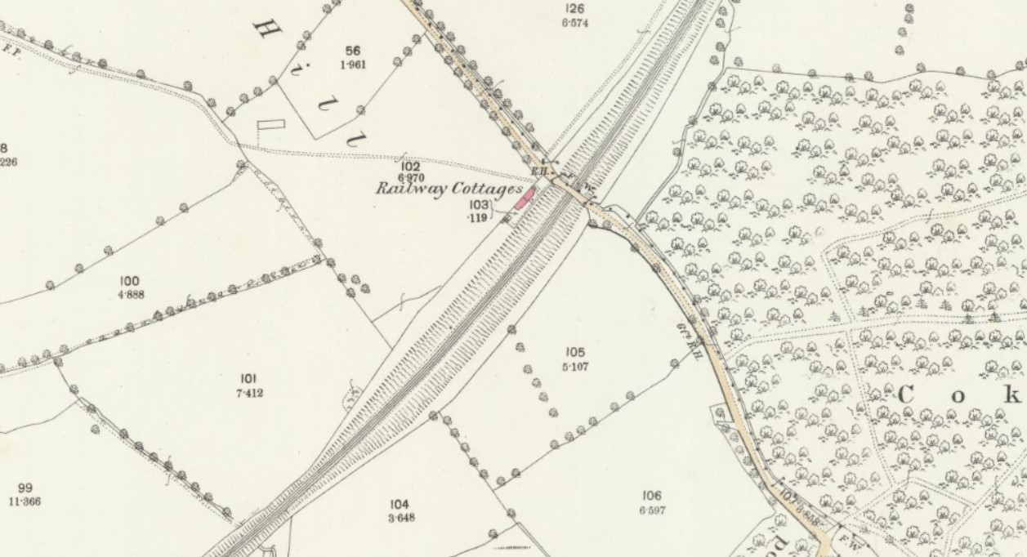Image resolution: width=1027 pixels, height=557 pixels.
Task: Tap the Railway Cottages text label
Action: [x=448, y=189]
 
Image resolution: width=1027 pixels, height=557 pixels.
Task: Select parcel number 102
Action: [x=410, y=167]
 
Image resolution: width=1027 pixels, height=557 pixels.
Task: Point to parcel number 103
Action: [x=478, y=205]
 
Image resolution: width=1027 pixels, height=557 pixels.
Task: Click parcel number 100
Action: [x=129, y=282]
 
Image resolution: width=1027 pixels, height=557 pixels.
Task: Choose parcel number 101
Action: [x=249, y=379]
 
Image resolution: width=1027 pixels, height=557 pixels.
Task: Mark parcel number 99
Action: [x=25, y=488]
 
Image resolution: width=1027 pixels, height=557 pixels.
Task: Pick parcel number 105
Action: [x=575, y=352]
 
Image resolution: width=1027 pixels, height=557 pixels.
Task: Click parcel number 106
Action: [x=651, y=496]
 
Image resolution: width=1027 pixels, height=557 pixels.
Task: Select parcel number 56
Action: [x=353, y=51]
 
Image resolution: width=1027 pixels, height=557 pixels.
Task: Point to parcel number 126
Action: [x=574, y=9]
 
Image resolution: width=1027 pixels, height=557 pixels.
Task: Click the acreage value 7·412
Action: [x=249, y=393]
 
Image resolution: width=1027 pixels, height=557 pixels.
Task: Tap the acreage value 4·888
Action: [x=130, y=294]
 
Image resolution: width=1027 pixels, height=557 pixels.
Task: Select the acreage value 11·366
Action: [x=25, y=501]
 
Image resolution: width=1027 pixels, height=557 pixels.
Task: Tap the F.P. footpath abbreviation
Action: [x=11, y=50]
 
